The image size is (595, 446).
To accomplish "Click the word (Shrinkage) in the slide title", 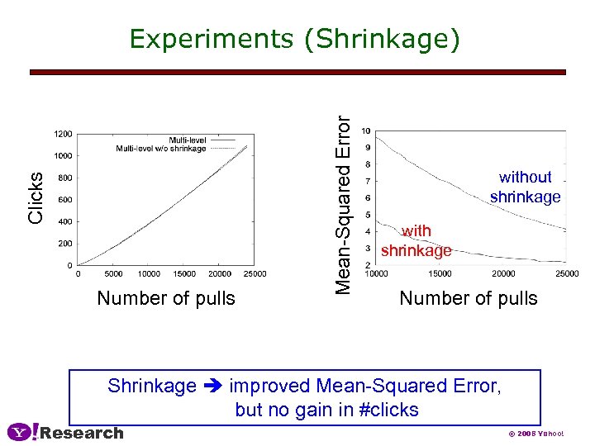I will click(x=383, y=40).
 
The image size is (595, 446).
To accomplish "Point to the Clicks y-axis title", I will click(x=36, y=197).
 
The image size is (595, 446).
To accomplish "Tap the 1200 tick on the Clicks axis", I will click(x=63, y=133).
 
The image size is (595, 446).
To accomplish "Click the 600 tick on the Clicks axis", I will click(x=64, y=199).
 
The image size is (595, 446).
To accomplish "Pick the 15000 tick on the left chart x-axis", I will click(x=184, y=274).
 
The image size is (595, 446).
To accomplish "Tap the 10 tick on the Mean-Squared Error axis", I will click(x=366, y=131).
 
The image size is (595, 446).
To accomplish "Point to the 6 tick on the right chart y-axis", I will click(x=368, y=197).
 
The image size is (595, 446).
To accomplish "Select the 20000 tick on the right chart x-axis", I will click(x=503, y=274).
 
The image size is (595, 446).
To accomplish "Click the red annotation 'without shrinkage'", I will click(x=525, y=187).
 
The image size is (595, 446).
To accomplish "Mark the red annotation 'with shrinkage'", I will click(x=416, y=240).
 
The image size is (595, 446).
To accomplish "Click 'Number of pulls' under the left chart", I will click(x=166, y=298).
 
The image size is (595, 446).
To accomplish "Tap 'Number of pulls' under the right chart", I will click(x=469, y=298).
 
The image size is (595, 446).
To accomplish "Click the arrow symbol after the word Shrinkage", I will click(x=213, y=387).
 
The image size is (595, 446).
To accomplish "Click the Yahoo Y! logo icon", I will click(x=22, y=432).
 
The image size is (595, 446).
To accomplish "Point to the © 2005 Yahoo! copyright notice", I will click(x=535, y=434).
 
